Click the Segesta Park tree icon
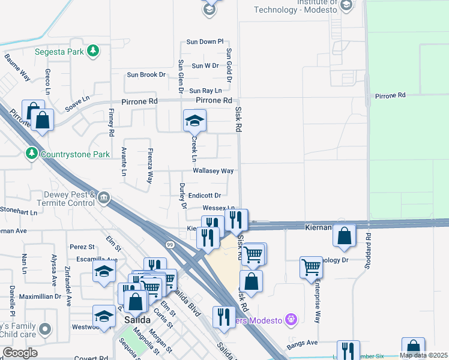pos(92,50)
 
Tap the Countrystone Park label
pos(75,154)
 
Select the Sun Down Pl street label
pos(205,42)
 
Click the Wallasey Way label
pos(213,171)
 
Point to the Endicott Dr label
pos(205,195)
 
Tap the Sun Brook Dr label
pos(146,75)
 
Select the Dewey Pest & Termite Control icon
pos(104,197)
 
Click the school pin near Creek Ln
pos(194,121)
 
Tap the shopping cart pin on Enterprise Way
pos(312,267)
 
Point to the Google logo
pos(20,353)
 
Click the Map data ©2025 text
pos(423,355)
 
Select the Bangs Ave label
pos(304,343)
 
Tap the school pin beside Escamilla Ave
pos(104,271)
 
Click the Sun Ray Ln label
pos(205,91)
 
